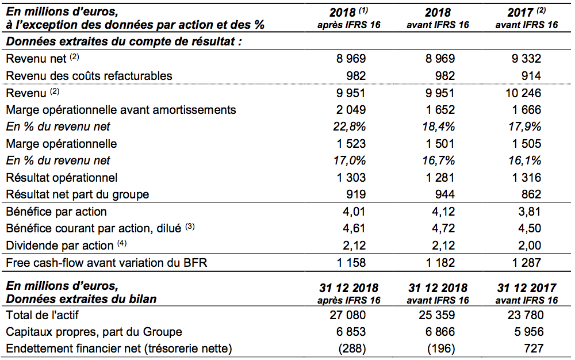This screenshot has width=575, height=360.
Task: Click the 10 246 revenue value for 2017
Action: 523,93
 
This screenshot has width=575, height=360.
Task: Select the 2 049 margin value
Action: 351,110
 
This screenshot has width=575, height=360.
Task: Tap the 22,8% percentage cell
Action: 350,127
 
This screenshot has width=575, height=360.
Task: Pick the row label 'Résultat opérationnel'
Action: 62,178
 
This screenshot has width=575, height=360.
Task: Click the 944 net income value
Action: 444,194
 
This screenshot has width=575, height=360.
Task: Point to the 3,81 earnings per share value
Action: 530,212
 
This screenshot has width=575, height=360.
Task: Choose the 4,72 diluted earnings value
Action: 443,228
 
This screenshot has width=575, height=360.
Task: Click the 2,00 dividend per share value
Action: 530,245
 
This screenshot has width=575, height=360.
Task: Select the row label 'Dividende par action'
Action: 59,245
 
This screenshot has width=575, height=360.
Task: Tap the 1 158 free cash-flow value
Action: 351,262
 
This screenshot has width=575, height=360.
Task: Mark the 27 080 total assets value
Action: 348,315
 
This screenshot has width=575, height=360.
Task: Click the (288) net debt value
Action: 352,348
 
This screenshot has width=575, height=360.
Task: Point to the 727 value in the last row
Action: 534,348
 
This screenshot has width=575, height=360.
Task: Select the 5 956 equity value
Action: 529,332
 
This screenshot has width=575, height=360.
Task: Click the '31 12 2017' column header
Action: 527,288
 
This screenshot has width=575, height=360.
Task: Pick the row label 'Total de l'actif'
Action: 42,315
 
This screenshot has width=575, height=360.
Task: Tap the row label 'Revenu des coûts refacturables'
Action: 89,76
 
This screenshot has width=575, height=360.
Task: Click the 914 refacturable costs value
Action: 531,76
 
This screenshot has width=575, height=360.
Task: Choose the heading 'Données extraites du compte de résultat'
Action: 124,41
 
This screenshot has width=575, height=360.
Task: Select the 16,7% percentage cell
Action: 438,160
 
